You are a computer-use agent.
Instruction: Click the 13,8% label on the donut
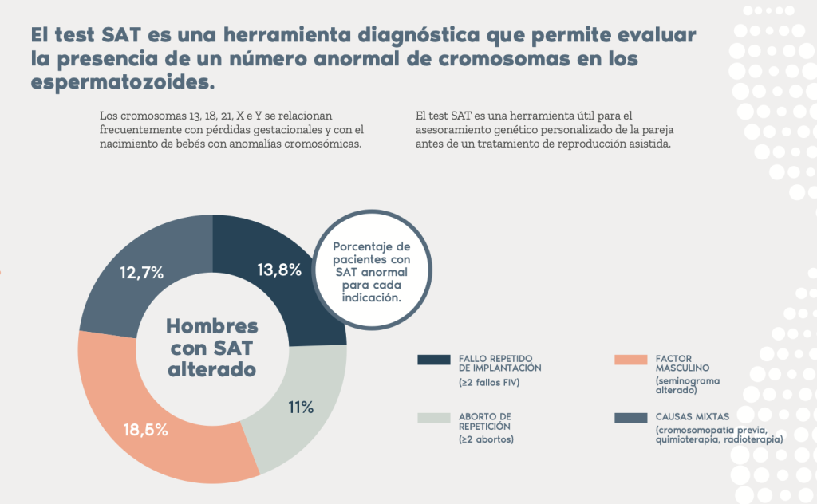click(279, 270)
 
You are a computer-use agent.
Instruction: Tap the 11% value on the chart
click(300, 408)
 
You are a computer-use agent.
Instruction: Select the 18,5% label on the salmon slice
click(145, 430)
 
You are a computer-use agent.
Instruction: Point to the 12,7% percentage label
click(142, 273)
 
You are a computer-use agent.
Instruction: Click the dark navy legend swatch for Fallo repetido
click(434, 360)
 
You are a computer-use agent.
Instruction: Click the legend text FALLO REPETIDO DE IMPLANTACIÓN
click(499, 363)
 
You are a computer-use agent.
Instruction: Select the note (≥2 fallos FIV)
click(489, 384)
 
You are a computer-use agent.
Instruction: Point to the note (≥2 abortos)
click(487, 439)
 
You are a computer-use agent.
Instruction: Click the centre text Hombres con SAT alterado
click(212, 348)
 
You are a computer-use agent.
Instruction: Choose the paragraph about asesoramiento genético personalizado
click(547, 129)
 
